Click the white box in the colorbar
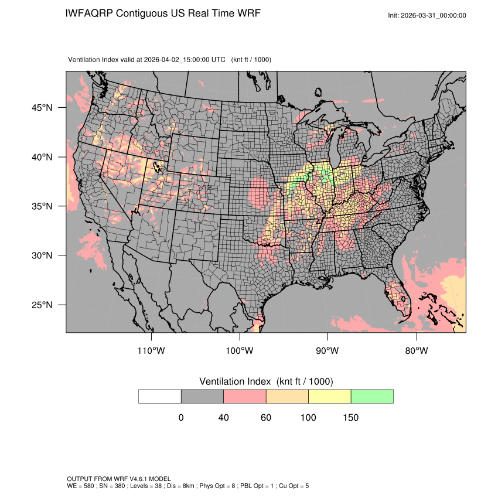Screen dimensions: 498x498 160,396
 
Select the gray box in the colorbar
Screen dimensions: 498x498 202,396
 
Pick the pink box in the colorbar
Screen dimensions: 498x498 245,396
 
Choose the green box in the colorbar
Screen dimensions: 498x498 372,396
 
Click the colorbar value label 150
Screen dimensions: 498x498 350,418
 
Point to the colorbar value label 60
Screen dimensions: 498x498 266,418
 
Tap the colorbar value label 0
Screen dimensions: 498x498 181,418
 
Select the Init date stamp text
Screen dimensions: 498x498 427,15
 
